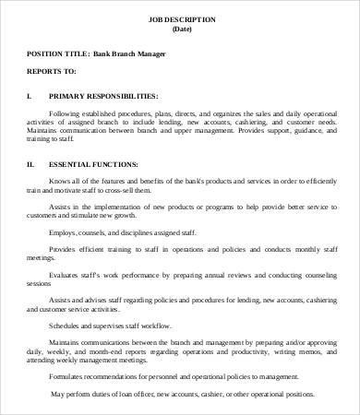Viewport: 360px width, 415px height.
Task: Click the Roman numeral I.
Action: [x=29, y=95]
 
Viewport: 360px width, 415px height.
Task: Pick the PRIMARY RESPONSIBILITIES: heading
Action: [x=102, y=95]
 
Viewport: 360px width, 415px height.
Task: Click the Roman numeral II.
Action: [x=30, y=164]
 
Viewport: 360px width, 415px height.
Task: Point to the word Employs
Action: [x=66, y=232]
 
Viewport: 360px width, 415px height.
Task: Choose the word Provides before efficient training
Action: [x=66, y=250]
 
